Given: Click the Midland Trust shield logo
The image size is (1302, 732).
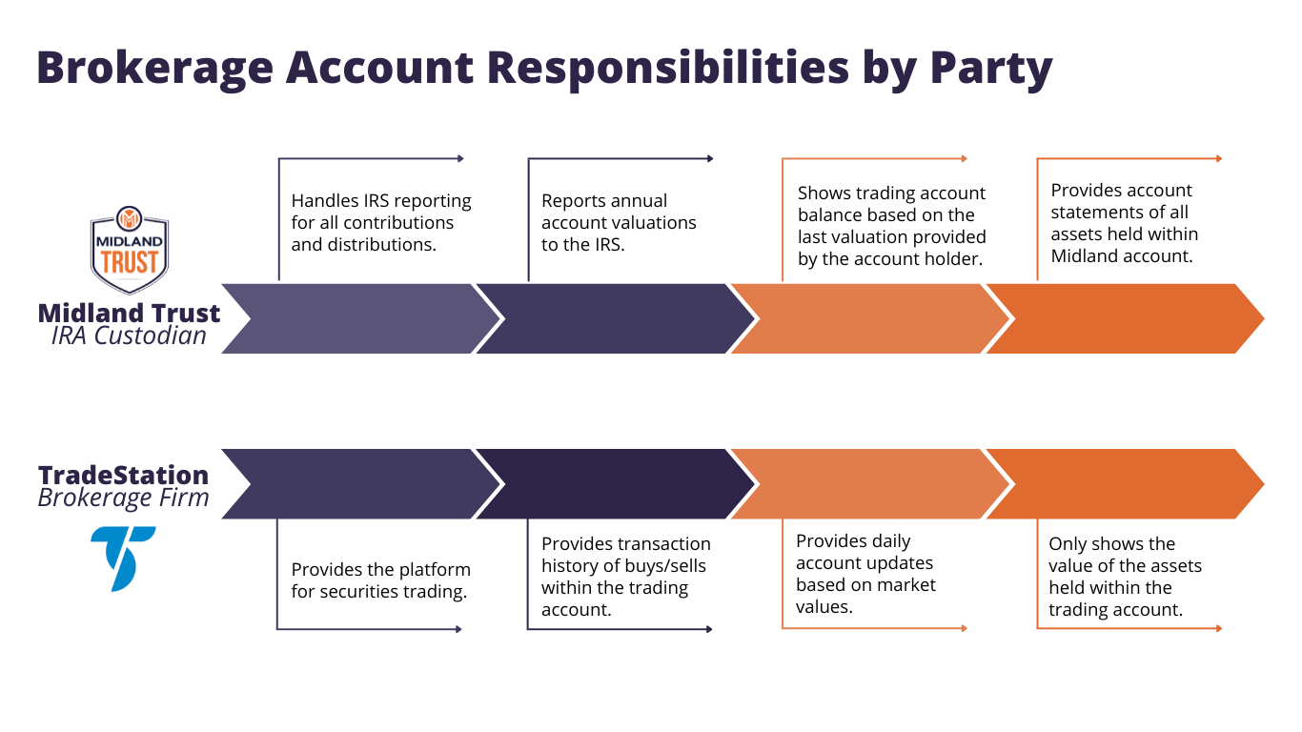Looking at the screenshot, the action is click(x=129, y=250).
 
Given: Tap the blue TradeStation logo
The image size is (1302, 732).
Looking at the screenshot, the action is click(x=123, y=559).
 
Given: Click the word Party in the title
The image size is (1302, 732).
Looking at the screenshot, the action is click(x=991, y=69).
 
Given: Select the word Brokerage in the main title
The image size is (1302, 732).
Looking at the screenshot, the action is click(x=154, y=69).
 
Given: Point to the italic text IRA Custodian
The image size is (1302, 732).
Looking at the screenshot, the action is click(x=129, y=335).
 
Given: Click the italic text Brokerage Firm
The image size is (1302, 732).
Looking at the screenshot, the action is click(x=123, y=498).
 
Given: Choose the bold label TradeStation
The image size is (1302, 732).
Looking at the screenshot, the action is click(x=123, y=475).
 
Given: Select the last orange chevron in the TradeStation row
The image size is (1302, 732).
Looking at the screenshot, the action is click(x=1125, y=484).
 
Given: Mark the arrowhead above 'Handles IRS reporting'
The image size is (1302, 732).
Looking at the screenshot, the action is click(x=461, y=159).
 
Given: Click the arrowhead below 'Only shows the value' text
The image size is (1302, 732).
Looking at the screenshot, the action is click(x=1219, y=628).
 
